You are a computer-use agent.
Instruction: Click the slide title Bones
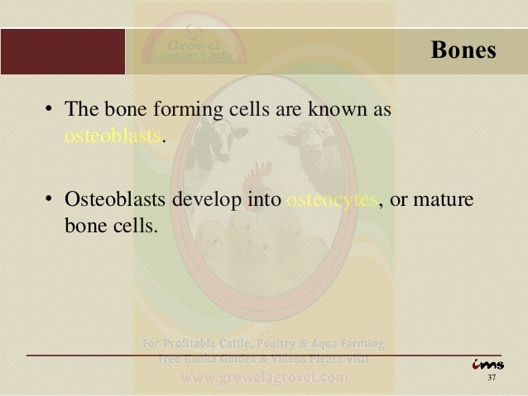point(463,51)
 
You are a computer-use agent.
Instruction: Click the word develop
point(202,201)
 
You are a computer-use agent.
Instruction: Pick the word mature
point(445,201)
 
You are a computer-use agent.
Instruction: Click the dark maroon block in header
point(63,51)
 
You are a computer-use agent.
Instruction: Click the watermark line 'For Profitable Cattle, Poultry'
point(263,343)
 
